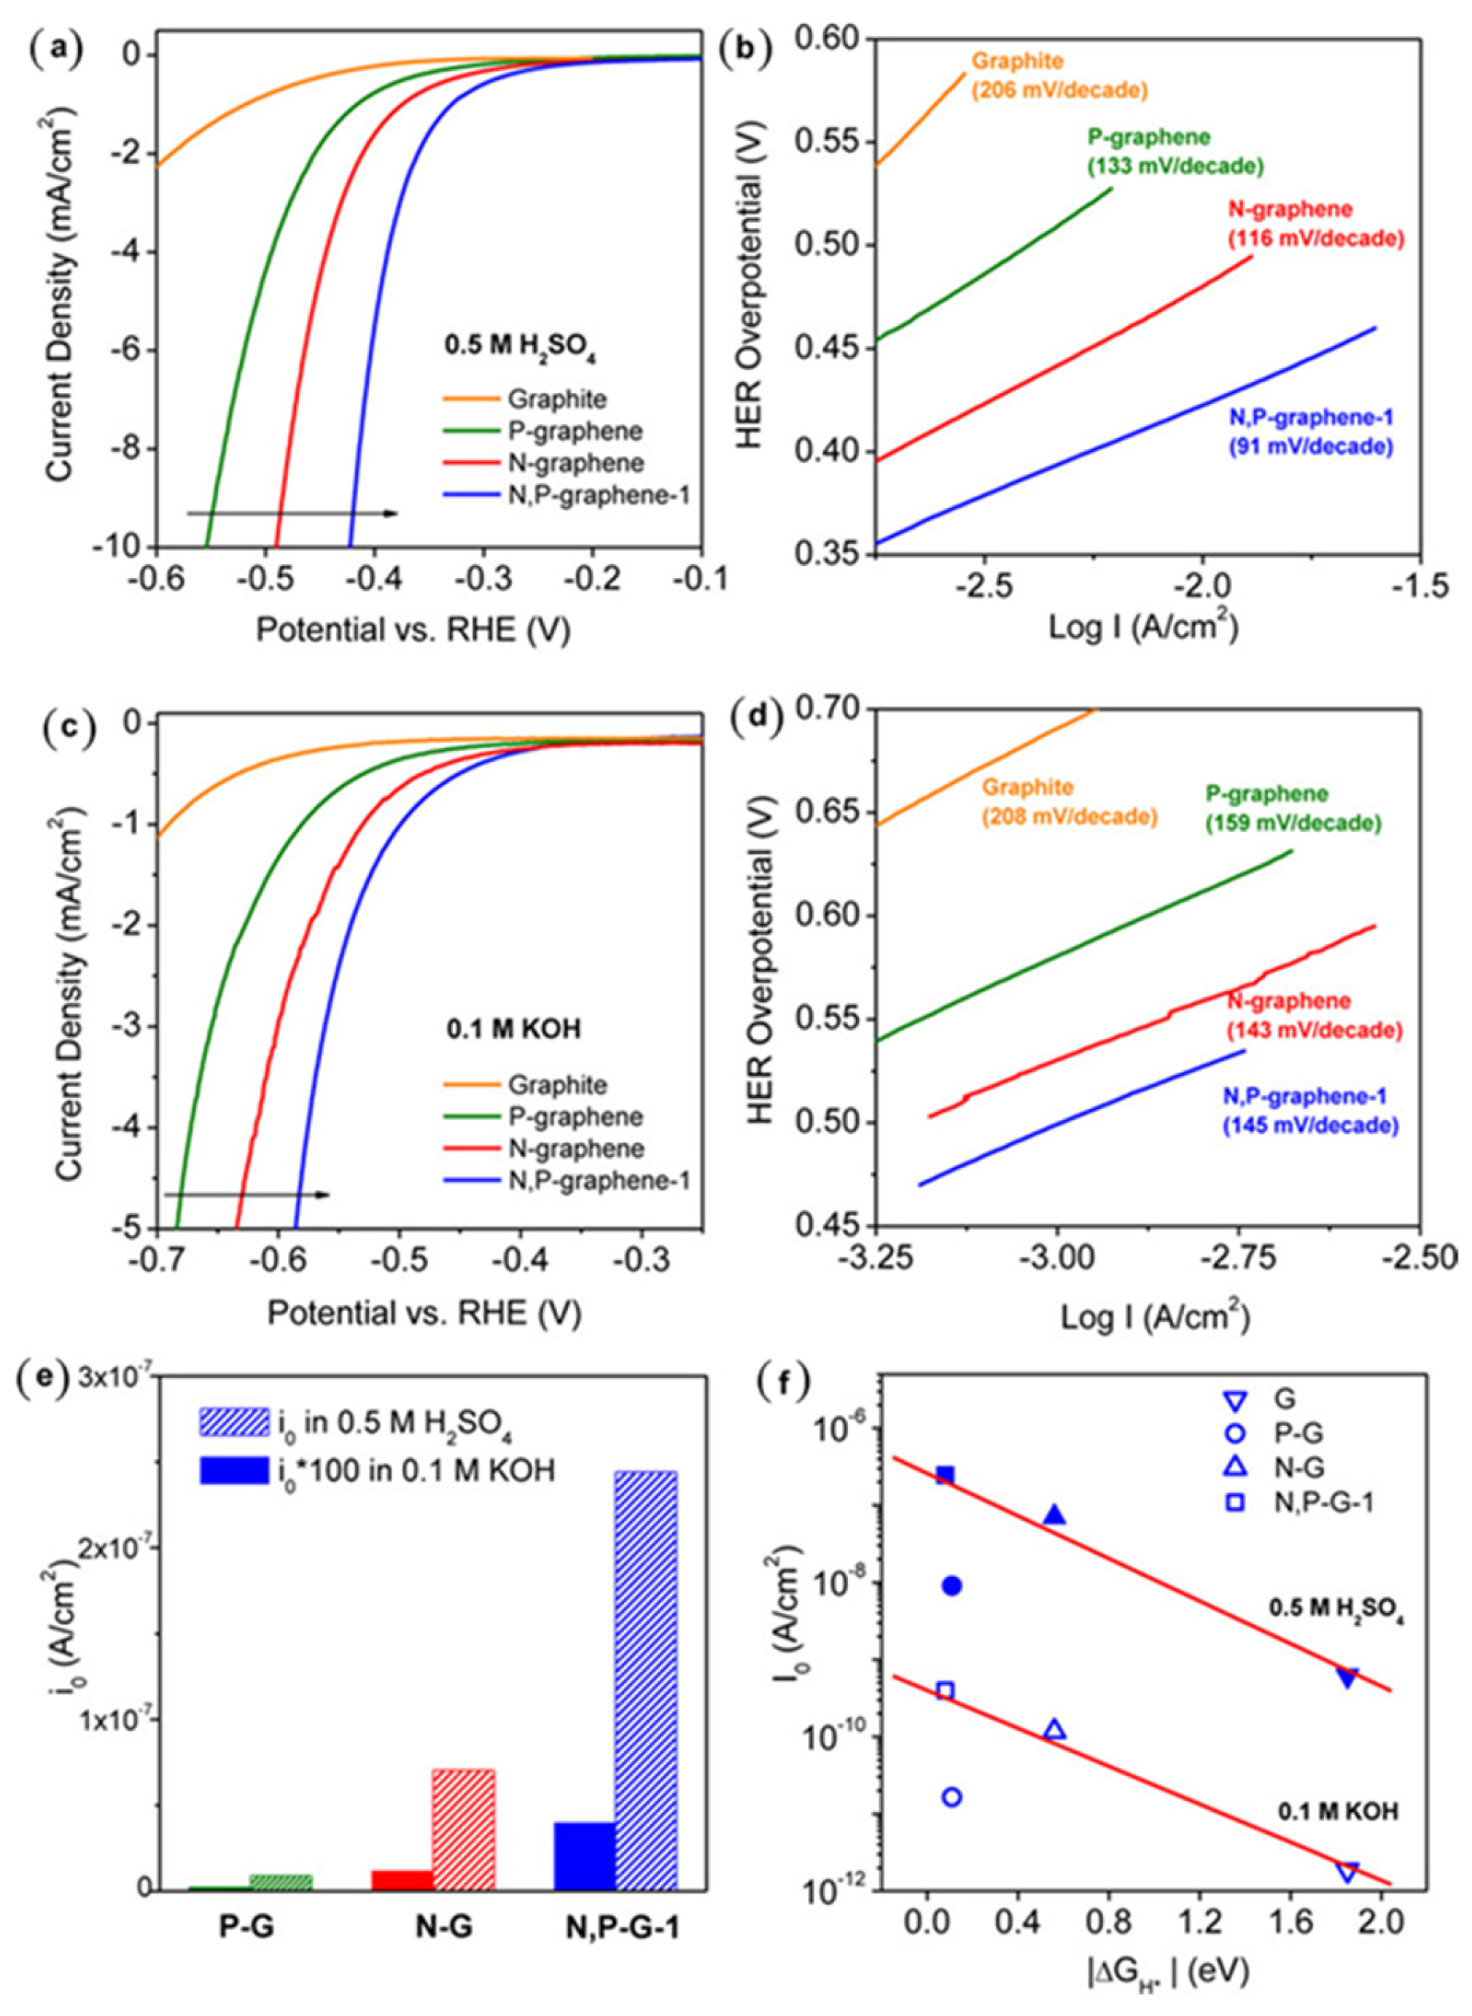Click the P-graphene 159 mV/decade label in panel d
pyautogui.click(x=1292, y=808)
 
